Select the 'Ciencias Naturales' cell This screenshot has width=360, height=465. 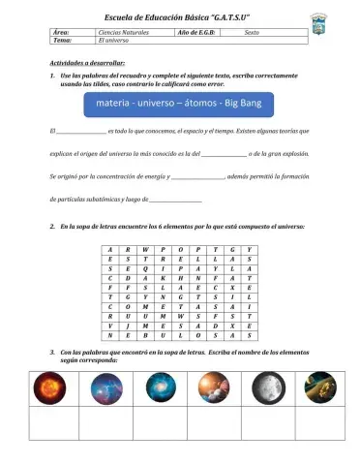coord(120,34)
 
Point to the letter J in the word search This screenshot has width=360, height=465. coord(129,326)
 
